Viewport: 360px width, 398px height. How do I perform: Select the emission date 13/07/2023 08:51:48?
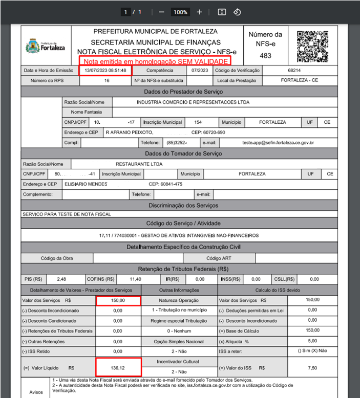pyautogui.click(x=105, y=70)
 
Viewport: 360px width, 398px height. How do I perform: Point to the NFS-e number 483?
pyautogui.click(x=265, y=55)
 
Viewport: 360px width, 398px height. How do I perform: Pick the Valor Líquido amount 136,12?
pyautogui.click(x=118, y=367)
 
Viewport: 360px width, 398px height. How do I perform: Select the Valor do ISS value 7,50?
pyautogui.click(x=312, y=367)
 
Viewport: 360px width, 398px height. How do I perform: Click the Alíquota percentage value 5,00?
pyautogui.click(x=312, y=340)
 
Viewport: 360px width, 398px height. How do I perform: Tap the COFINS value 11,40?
pyautogui.click(x=135, y=279)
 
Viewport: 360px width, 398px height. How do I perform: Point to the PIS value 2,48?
pyautogui.click(x=62, y=279)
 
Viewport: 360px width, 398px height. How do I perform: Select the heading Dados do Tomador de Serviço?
pyautogui.click(x=183, y=153)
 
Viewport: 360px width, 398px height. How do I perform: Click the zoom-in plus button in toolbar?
pyautogui.click(x=200, y=12)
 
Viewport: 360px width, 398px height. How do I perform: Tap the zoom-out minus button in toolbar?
pyautogui.click(x=161, y=12)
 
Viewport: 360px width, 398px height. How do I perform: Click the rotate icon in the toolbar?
pyautogui.click(x=237, y=12)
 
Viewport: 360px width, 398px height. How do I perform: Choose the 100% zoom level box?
pyautogui.click(x=180, y=12)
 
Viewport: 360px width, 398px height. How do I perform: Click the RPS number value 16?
pyautogui.click(x=107, y=80)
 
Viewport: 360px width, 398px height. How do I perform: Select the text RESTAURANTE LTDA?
pyautogui.click(x=139, y=164)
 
